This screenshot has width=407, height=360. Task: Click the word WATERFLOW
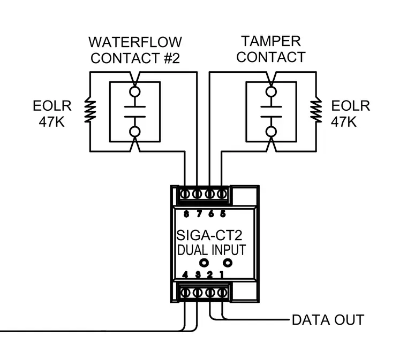(x=135, y=42)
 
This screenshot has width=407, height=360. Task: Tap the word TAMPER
(x=271, y=41)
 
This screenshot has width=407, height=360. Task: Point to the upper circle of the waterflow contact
(x=135, y=91)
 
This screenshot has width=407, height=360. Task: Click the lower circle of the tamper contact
(x=271, y=132)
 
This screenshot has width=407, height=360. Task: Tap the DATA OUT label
(x=328, y=320)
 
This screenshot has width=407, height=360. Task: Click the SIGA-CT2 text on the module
(x=209, y=235)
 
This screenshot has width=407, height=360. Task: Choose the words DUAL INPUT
(x=212, y=250)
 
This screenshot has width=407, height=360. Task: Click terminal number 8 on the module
(x=186, y=214)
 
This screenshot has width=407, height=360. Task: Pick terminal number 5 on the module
(x=223, y=214)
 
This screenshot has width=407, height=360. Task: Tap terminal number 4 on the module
(x=185, y=275)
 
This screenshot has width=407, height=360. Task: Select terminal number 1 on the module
(x=221, y=275)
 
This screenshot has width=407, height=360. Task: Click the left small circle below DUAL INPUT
(x=204, y=263)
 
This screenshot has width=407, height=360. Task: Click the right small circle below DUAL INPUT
(x=228, y=263)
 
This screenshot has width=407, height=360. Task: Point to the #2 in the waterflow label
(x=172, y=58)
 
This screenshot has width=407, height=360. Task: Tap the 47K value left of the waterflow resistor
(x=51, y=121)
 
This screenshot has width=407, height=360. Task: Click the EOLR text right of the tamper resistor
(x=350, y=106)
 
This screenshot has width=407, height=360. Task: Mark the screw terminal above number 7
(x=197, y=194)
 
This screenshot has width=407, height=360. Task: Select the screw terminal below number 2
(x=210, y=293)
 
